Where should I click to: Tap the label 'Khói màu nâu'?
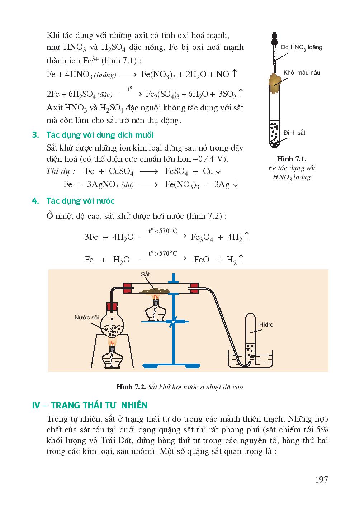tap(302, 73)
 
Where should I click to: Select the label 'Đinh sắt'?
tap(294, 133)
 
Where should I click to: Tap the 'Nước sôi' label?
tap(86, 317)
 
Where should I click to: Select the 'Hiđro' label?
tap(266, 325)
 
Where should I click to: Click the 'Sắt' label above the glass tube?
tap(145, 274)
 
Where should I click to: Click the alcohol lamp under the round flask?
tap(113, 358)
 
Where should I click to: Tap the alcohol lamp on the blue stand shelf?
tap(155, 310)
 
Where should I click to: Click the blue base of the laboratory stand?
tap(173, 366)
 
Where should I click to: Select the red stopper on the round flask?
tap(112, 308)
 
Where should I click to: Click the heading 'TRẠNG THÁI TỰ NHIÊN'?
tap(99, 405)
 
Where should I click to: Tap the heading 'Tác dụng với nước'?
tap(80, 201)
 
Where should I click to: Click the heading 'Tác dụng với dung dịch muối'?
tap(100, 135)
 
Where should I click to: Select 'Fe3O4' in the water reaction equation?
tap(202, 238)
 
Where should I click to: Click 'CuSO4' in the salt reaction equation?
tap(121, 172)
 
